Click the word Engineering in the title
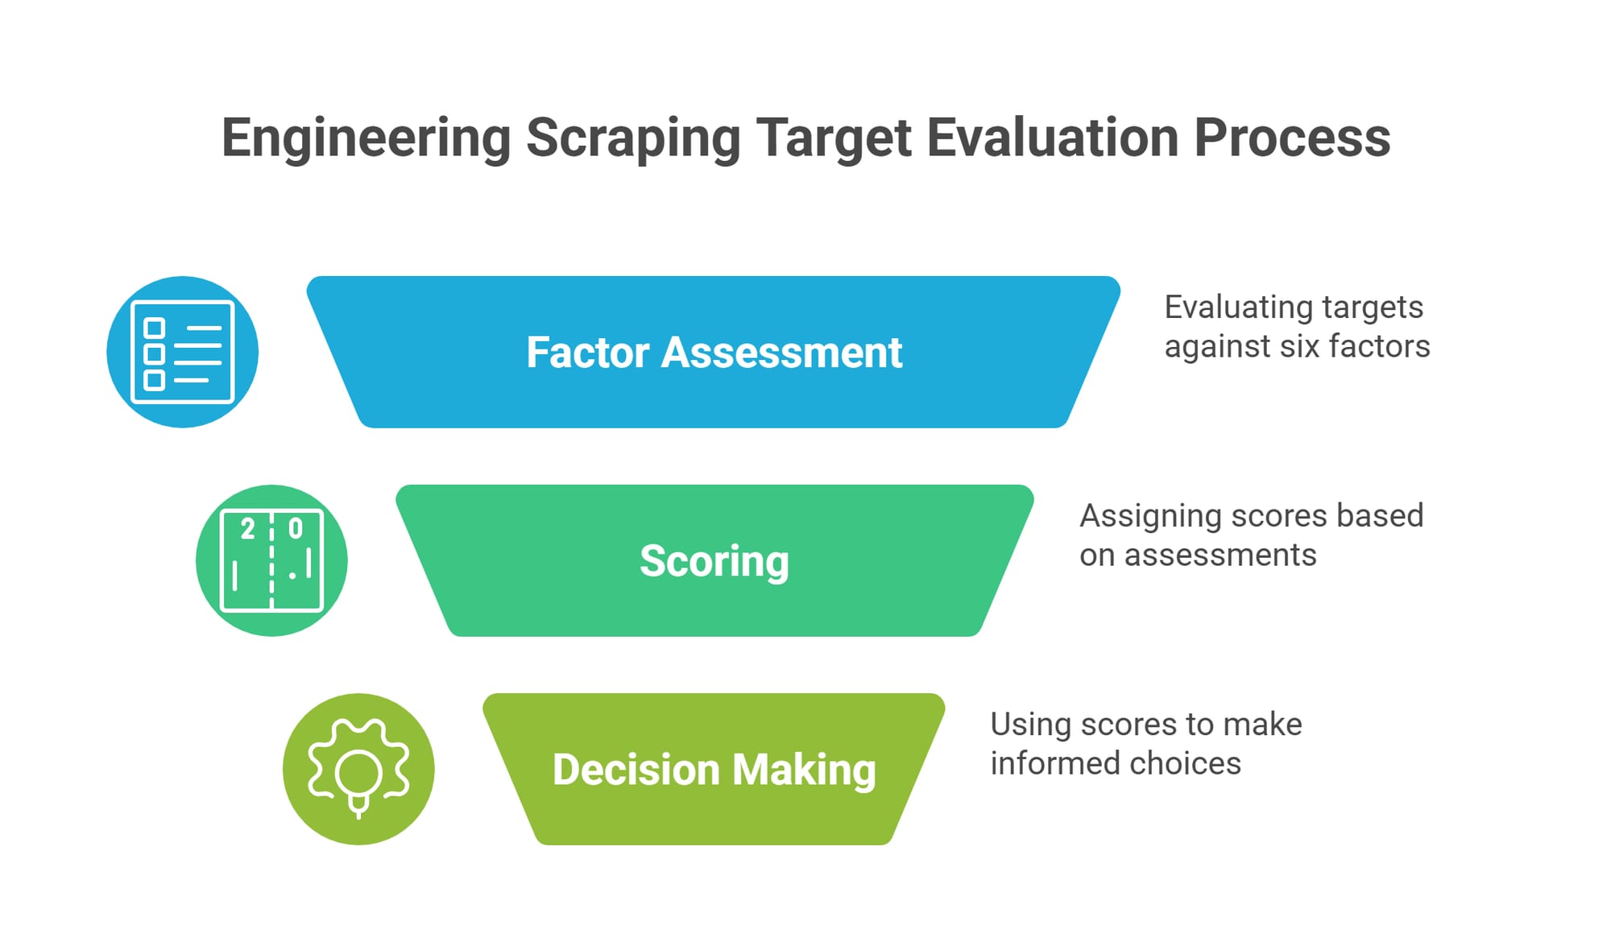point(367,138)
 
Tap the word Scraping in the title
point(633,138)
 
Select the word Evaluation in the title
point(1053,138)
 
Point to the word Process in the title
point(1292,138)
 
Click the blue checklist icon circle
point(183,352)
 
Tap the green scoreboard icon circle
point(271,560)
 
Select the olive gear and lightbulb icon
point(358,769)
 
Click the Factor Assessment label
point(714,353)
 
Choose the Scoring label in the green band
point(714,561)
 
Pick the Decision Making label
point(714,770)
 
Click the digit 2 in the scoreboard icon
point(248,529)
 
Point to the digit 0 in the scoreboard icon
point(296,528)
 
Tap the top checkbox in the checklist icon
point(154,328)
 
